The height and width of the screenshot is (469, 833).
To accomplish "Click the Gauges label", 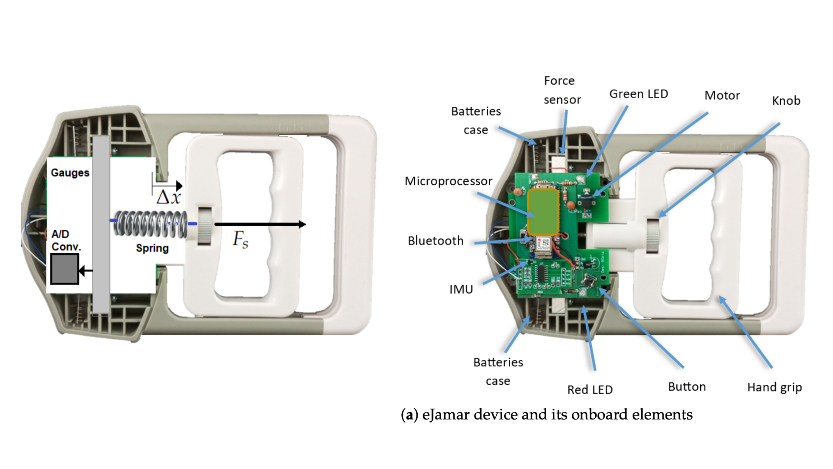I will pyautogui.click(x=70, y=173).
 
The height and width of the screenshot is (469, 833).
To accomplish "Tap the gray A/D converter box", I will pyautogui.click(x=65, y=269).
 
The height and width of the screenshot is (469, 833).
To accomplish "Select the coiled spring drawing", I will pyautogui.click(x=150, y=224).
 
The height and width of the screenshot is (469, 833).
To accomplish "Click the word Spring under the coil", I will pyautogui.click(x=152, y=248).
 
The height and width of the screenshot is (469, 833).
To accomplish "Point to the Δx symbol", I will pyautogui.click(x=168, y=198).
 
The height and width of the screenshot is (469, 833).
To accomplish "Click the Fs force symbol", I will pyautogui.click(x=240, y=239).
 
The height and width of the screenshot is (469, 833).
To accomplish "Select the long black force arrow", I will pyautogui.click(x=260, y=224).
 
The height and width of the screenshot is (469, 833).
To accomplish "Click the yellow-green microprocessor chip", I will pyautogui.click(x=542, y=212).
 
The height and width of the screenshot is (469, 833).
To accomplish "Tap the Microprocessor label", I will pyautogui.click(x=448, y=181).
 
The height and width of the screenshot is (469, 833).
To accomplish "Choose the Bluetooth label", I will pyautogui.click(x=436, y=241).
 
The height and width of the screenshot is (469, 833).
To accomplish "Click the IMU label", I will pyautogui.click(x=461, y=289).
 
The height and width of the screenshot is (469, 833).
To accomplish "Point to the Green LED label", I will pyautogui.click(x=639, y=94).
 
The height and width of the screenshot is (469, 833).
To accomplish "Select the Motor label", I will pyautogui.click(x=722, y=96).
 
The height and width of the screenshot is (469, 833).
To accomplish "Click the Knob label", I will pyautogui.click(x=786, y=101).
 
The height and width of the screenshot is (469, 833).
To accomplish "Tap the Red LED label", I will pyautogui.click(x=590, y=390).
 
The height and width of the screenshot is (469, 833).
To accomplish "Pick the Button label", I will pyautogui.click(x=687, y=386).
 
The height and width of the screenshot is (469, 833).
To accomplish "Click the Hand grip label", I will pyautogui.click(x=774, y=387).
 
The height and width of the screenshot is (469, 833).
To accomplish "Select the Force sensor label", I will pyautogui.click(x=561, y=90).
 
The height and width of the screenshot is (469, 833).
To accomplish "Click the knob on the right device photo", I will pyautogui.click(x=653, y=236).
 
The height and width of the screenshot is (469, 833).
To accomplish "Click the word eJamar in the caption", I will pyautogui.click(x=446, y=415).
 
